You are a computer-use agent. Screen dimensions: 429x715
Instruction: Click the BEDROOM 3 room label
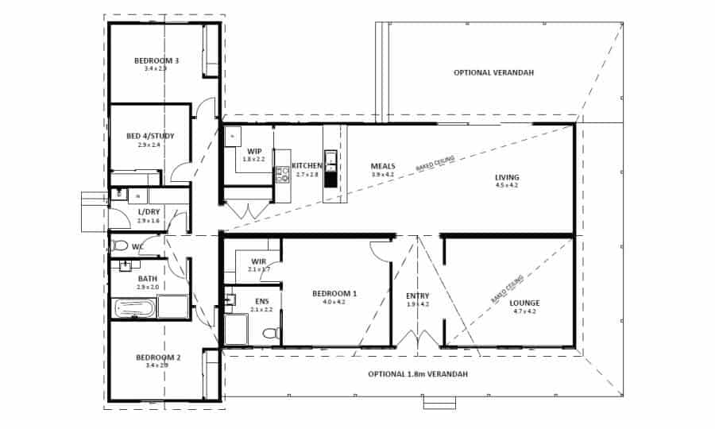coord(156,60)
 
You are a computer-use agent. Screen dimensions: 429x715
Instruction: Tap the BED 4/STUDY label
coord(150,136)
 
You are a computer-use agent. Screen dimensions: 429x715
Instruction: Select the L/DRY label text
coord(149,211)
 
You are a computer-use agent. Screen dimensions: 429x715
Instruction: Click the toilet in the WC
coord(120,245)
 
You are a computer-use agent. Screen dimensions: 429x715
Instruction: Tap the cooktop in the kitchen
coord(282,175)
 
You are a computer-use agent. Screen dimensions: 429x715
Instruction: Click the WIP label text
coord(254,151)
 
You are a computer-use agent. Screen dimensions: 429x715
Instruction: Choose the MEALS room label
coord(383,167)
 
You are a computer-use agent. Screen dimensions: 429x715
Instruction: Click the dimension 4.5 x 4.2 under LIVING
coord(507,185)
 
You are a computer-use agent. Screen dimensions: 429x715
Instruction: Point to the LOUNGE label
coord(525,303)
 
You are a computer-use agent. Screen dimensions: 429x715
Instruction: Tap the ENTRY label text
coord(417,296)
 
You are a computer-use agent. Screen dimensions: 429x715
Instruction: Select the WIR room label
coord(259,261)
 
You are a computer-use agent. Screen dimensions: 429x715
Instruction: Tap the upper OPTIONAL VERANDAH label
coord(493,72)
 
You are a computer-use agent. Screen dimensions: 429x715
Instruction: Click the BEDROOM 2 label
coord(158,357)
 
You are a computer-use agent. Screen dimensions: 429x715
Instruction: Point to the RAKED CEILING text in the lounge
coord(507,289)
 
